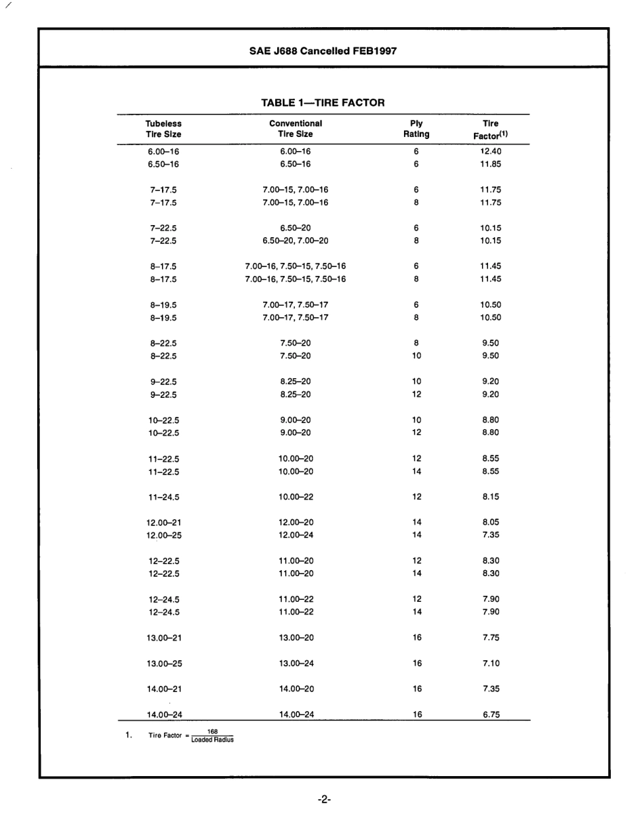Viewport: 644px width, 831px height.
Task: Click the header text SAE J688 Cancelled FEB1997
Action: coord(323,51)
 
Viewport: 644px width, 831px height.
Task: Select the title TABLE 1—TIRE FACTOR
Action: coord(323,103)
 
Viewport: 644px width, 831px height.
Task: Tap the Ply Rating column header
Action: coord(416,129)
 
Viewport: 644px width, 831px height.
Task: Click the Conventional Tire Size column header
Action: coord(296,129)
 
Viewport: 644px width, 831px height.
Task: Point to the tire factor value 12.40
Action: coord(490,151)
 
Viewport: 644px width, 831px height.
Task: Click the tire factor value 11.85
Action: coord(490,164)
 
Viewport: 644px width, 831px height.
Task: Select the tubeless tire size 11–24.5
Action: coord(163,497)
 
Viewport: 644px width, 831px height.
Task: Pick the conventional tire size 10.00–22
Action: coord(296,497)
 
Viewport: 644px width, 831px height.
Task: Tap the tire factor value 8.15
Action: coord(491,497)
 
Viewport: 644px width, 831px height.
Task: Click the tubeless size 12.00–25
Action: coord(163,535)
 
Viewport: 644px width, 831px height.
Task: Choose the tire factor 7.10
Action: coord(491,663)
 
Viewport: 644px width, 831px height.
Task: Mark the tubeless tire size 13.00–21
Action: coord(163,638)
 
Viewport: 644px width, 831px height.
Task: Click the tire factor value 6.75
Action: coord(491,714)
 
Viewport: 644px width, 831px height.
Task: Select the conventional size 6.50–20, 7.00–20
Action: coord(296,241)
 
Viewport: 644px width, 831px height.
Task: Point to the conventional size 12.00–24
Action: coord(296,535)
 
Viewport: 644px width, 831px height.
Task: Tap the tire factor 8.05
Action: coord(491,523)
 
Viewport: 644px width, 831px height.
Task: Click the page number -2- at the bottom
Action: coord(323,799)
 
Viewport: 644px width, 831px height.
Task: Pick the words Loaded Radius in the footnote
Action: coord(212,740)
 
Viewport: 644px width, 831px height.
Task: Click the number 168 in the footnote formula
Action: coord(212,732)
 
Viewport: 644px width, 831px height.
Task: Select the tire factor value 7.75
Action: coord(491,638)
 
